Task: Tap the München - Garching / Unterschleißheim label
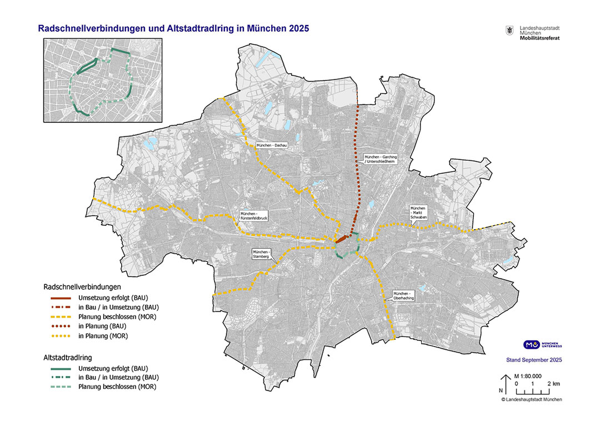[380, 160]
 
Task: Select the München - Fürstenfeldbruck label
[254, 216]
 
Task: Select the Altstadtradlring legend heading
[67, 358]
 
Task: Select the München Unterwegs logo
[542, 345]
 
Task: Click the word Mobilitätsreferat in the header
[539, 38]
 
